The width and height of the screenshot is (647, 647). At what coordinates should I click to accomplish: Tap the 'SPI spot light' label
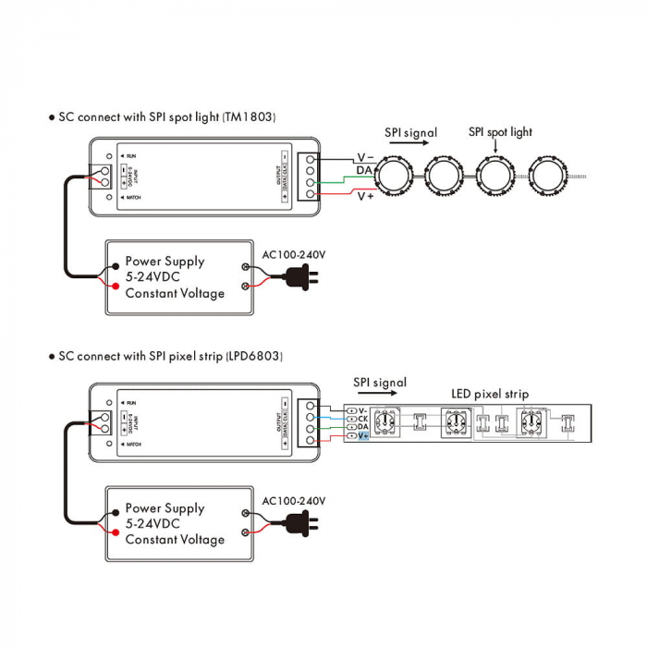tap(500, 132)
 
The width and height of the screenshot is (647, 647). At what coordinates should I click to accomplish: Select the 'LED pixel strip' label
tap(490, 394)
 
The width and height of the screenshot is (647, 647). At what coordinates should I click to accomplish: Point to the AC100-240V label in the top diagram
tap(294, 253)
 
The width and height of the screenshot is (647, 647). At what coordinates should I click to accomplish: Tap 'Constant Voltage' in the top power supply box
tap(175, 293)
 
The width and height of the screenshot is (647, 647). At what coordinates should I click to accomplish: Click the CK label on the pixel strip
tap(362, 418)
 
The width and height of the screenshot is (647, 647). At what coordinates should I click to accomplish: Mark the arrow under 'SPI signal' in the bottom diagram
tap(379, 395)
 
